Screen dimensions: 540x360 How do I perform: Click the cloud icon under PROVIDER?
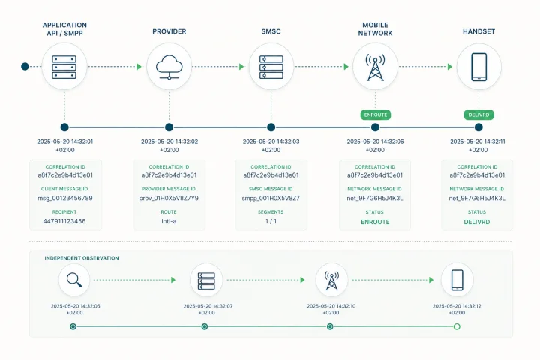coord(169,67)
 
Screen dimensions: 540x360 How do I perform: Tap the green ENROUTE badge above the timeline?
coord(376,115)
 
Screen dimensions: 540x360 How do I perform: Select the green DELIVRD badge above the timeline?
coord(478,115)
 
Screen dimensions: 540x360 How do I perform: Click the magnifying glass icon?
coord(74,280)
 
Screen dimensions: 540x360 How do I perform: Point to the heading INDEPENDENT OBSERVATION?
coord(82,258)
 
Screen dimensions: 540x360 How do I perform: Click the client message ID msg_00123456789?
coord(65,198)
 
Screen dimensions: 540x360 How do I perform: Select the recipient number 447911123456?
coord(64,221)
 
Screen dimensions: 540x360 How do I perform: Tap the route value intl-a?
coord(169,221)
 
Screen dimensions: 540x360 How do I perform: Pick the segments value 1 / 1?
coord(271,221)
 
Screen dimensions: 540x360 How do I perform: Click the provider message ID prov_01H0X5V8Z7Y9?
coord(169,198)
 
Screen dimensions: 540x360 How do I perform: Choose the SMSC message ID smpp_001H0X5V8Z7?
coord(271,198)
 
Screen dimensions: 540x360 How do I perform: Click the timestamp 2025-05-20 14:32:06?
coord(375,142)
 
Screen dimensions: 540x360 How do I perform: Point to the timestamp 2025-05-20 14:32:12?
coord(457,306)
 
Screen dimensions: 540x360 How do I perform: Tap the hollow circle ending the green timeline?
coord(457,326)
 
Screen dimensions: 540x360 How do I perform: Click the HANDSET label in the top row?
coord(478,31)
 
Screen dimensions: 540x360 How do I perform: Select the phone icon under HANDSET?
coord(478,67)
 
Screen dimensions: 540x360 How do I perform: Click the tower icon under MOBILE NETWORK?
coord(375,67)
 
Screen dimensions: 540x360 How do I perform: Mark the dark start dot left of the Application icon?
coord(25,66)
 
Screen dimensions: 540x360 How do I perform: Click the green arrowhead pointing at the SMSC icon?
coord(241,67)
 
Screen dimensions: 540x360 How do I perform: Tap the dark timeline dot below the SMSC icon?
coord(271,127)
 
